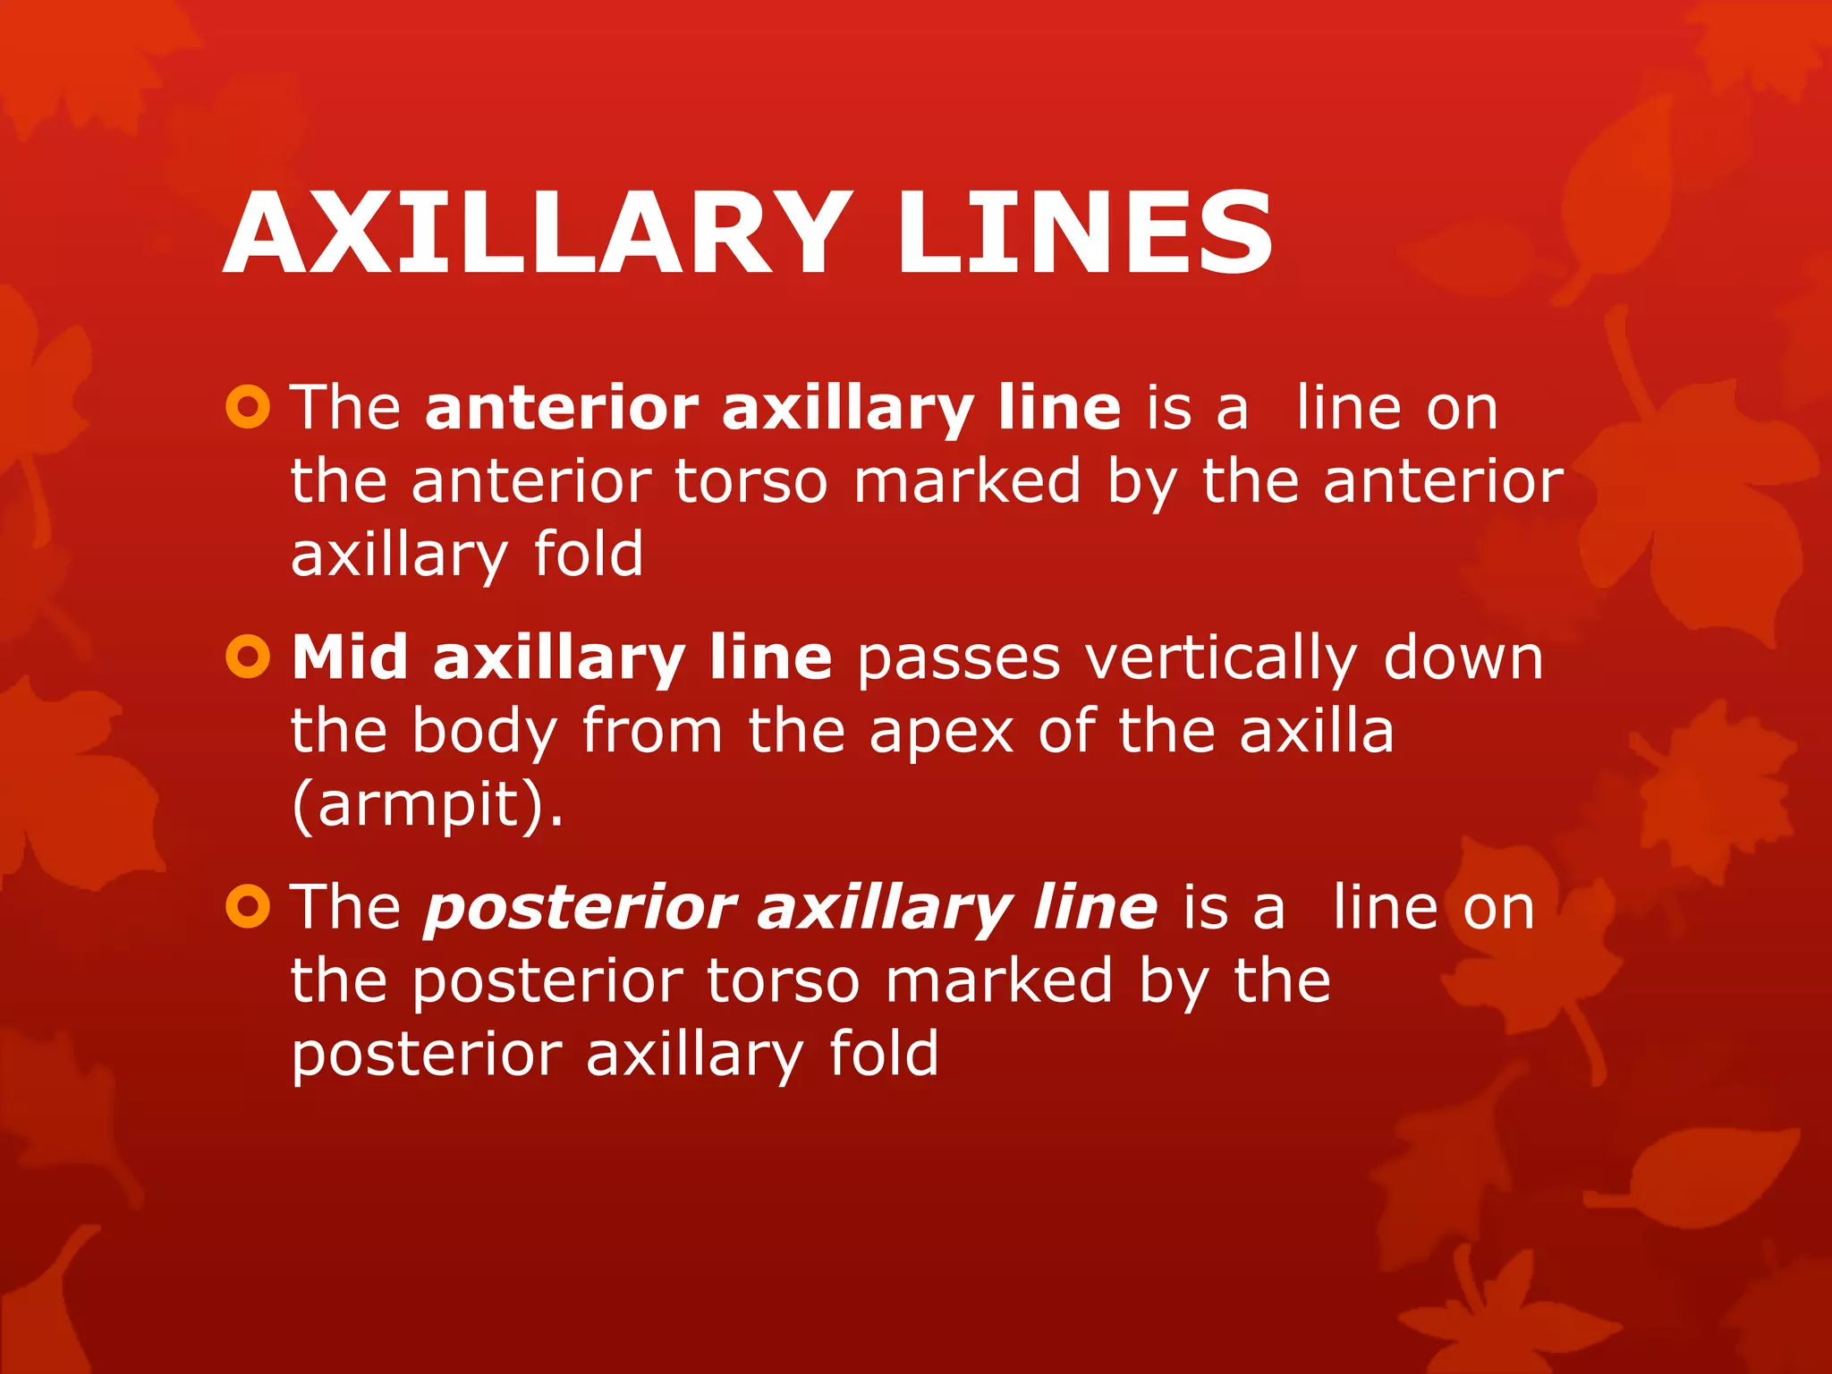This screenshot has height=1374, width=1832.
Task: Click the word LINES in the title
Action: pos(1084,233)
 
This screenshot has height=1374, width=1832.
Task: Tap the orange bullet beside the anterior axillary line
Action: pos(248,408)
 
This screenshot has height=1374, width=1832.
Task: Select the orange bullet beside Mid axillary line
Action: pos(248,658)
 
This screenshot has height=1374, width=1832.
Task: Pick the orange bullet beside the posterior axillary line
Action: pos(248,907)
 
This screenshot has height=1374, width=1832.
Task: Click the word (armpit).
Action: pos(428,804)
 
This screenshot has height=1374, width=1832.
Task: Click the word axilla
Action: pos(1317,731)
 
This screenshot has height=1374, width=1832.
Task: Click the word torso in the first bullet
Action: pos(751,482)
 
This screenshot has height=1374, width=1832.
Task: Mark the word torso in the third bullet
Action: pos(783,981)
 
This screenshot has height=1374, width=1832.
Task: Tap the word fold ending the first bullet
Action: pos(588,554)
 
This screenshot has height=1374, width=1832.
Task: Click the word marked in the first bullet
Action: pos(967,481)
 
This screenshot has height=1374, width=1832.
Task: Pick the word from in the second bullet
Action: pos(652,731)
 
